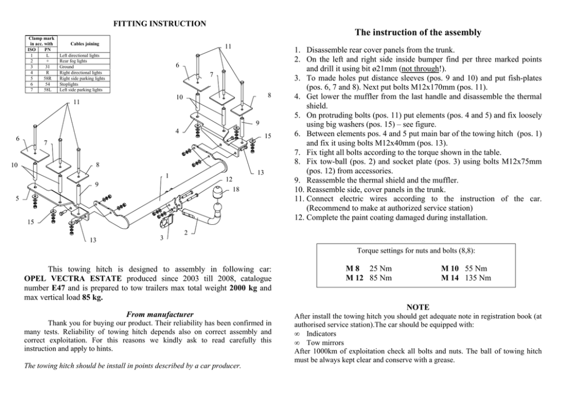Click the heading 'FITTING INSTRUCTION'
point(159,23)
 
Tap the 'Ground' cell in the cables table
point(67,66)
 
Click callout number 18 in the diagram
point(235,189)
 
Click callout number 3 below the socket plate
point(162,238)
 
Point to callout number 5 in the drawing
point(17,198)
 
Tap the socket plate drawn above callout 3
point(167,220)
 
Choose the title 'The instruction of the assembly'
point(418,33)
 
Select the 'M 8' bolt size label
point(353,268)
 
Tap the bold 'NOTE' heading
point(417,307)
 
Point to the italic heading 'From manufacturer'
point(159,314)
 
